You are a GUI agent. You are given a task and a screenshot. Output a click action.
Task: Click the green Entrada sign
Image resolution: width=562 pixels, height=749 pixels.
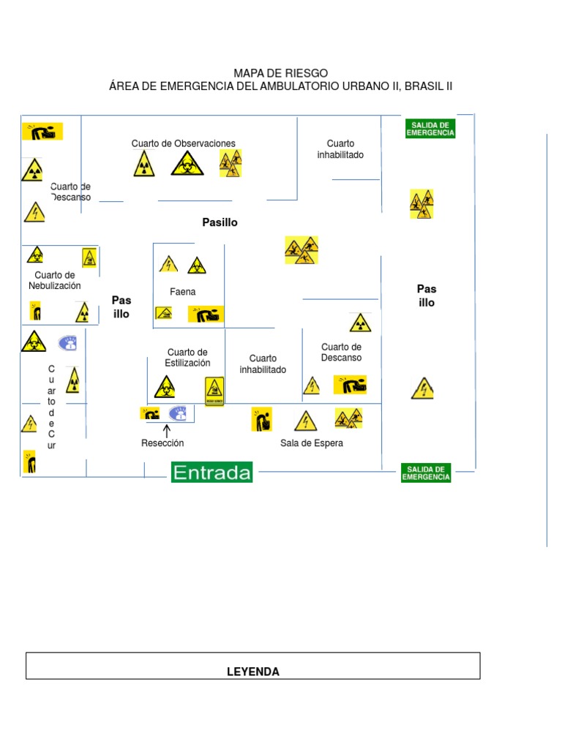click(x=211, y=473)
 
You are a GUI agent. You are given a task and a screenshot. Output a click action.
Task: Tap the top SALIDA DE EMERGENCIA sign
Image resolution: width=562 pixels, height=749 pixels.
click(x=430, y=128)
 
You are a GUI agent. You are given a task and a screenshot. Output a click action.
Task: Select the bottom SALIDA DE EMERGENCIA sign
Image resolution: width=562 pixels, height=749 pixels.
click(x=426, y=473)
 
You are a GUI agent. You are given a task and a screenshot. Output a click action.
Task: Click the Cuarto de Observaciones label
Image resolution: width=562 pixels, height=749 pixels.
click(x=184, y=143)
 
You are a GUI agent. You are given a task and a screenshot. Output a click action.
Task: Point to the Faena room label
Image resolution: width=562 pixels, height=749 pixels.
click(x=183, y=292)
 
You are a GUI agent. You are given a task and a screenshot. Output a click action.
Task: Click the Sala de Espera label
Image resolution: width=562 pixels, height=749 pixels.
click(x=312, y=443)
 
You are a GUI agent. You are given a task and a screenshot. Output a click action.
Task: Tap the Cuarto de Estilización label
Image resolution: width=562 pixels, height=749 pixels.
click(x=187, y=358)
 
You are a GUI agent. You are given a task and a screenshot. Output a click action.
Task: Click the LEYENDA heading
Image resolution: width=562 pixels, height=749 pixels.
click(x=253, y=671)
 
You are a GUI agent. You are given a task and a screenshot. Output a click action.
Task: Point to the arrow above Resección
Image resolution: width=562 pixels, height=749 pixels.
click(x=166, y=431)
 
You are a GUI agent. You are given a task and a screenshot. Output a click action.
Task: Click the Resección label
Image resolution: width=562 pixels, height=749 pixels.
click(x=162, y=443)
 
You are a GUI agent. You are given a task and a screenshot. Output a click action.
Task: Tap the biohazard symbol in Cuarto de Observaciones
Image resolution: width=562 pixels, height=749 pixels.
click(x=187, y=164)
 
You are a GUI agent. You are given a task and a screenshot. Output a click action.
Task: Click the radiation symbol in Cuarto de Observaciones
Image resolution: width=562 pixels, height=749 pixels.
click(x=144, y=164)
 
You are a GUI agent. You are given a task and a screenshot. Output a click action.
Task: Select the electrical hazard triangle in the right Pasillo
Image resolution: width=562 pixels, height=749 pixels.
click(x=422, y=388)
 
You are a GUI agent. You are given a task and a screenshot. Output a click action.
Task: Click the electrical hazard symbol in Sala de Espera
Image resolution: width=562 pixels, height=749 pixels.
click(x=305, y=421)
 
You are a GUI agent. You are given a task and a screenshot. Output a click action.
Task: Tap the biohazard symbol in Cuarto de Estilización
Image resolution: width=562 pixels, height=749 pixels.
click(x=165, y=386)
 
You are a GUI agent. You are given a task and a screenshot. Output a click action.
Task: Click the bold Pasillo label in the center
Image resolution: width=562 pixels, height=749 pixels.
click(x=220, y=222)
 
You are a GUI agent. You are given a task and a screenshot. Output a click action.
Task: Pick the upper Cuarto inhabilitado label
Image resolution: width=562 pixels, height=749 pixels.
click(x=340, y=149)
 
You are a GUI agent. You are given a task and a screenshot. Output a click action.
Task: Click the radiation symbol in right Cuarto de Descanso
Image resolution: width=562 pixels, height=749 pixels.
click(x=359, y=323)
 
